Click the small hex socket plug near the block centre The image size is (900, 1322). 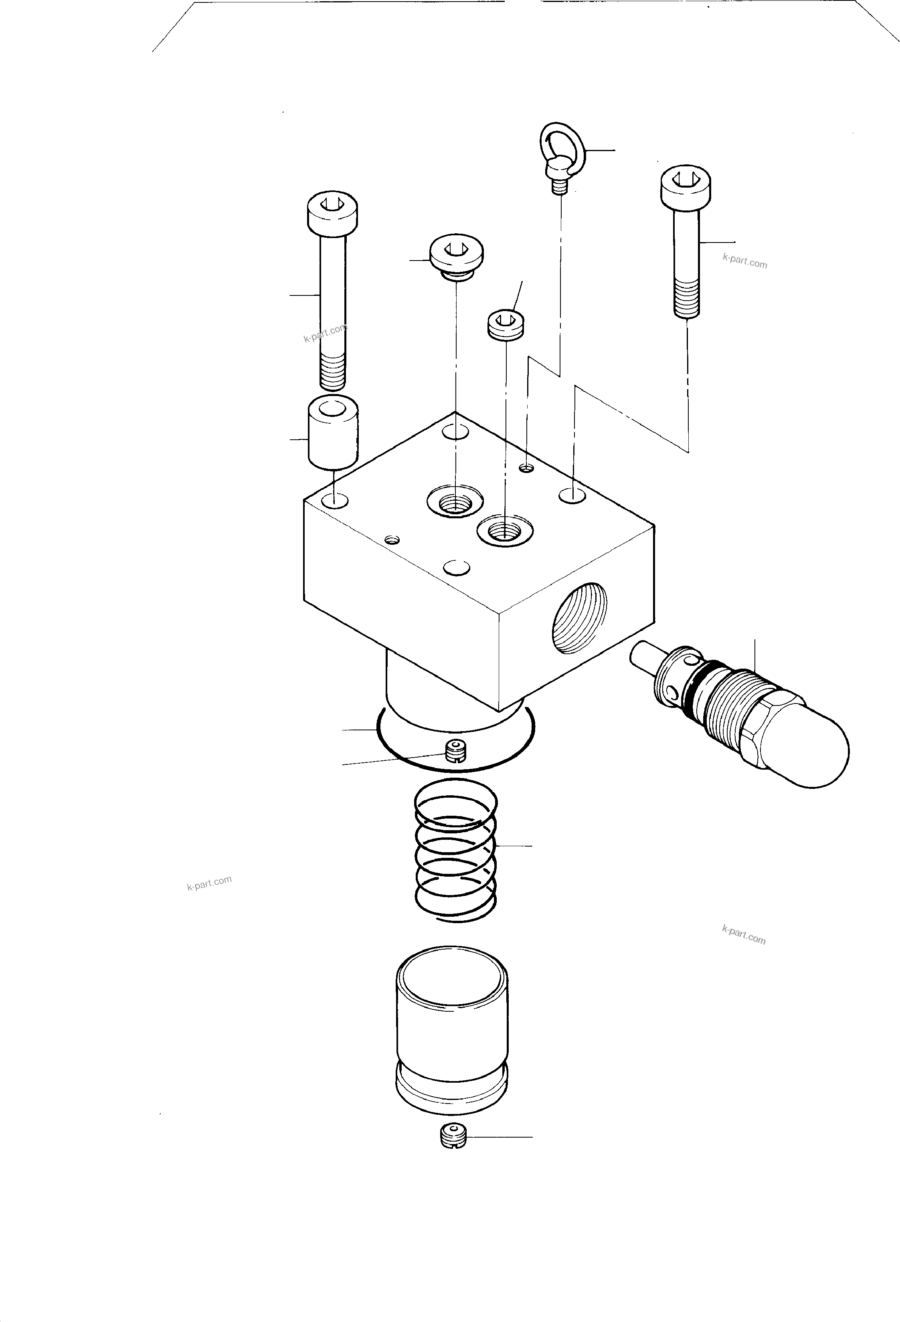[506, 325]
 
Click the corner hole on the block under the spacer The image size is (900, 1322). [334, 501]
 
